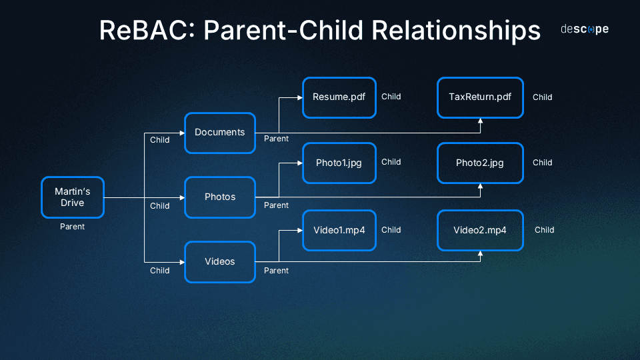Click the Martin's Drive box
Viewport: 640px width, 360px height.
pyautogui.click(x=73, y=197)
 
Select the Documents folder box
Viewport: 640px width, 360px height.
pyautogui.click(x=220, y=133)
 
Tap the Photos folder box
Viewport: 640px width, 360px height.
pyautogui.click(x=220, y=197)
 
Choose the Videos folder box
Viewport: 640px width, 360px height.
pyautogui.click(x=220, y=262)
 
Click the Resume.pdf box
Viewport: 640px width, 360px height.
pyautogui.click(x=339, y=97)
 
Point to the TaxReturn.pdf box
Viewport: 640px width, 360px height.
pyautogui.click(x=480, y=97)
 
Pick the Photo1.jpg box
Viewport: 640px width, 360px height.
pyautogui.click(x=339, y=163)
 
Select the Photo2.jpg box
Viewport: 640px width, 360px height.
pyautogui.click(x=480, y=163)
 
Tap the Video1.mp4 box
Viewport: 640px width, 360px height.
pyautogui.click(x=339, y=230)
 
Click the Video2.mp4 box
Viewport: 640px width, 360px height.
pyautogui.click(x=480, y=230)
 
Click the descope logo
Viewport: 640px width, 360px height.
pyautogui.click(x=584, y=29)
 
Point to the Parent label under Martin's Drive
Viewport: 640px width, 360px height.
pyautogui.click(x=73, y=227)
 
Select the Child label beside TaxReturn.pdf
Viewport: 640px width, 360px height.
pyautogui.click(x=542, y=97)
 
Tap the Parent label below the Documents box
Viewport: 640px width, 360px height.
pyautogui.click(x=276, y=139)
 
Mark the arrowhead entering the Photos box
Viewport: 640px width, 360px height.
pyautogui.click(x=181, y=198)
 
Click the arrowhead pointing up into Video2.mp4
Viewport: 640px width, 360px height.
pyautogui.click(x=480, y=254)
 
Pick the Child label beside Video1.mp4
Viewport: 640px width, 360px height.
pyautogui.click(x=391, y=230)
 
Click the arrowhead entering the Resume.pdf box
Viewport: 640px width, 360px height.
pyautogui.click(x=299, y=98)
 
